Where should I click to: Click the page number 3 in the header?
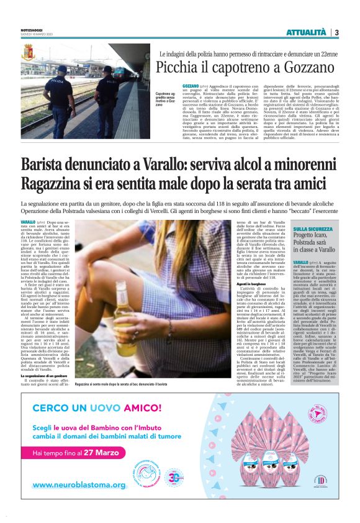coord(336,32)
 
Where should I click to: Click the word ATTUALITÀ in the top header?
coord(305,32)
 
